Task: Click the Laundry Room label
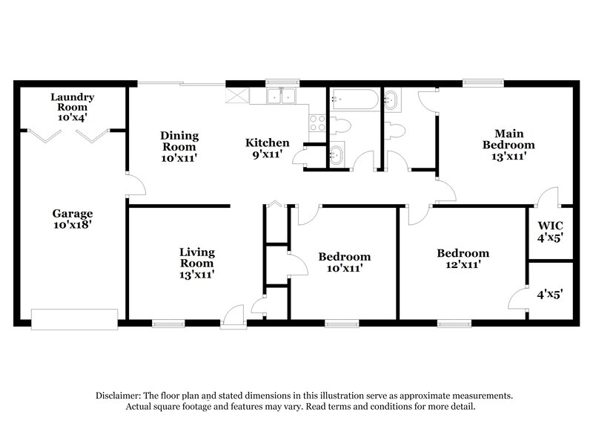coord(73,102)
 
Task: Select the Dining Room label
coord(179,145)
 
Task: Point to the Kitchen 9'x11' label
coord(268,148)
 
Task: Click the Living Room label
coord(196,263)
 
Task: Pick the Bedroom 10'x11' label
coord(344,262)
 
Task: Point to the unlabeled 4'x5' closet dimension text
coord(549,293)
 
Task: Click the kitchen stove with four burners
coord(317,121)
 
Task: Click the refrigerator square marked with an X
coord(236,96)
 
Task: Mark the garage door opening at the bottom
coord(74,319)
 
